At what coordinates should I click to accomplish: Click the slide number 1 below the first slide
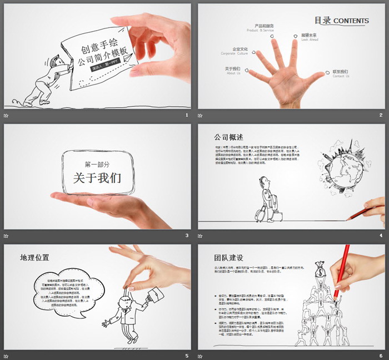[x=187, y=115]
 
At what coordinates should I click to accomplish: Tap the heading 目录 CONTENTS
[x=341, y=21]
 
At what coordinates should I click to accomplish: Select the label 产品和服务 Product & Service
[x=264, y=28]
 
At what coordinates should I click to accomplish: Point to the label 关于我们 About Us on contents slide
[x=232, y=70]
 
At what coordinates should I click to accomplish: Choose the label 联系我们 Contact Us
[x=341, y=73]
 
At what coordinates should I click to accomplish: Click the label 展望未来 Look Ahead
[x=309, y=37]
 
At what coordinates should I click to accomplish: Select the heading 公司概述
[x=228, y=137]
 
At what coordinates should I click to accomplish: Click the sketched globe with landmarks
[x=345, y=171]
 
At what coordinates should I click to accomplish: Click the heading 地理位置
[x=34, y=258]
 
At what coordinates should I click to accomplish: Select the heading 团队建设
[x=228, y=258]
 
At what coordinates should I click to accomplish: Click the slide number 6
[x=381, y=356]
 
